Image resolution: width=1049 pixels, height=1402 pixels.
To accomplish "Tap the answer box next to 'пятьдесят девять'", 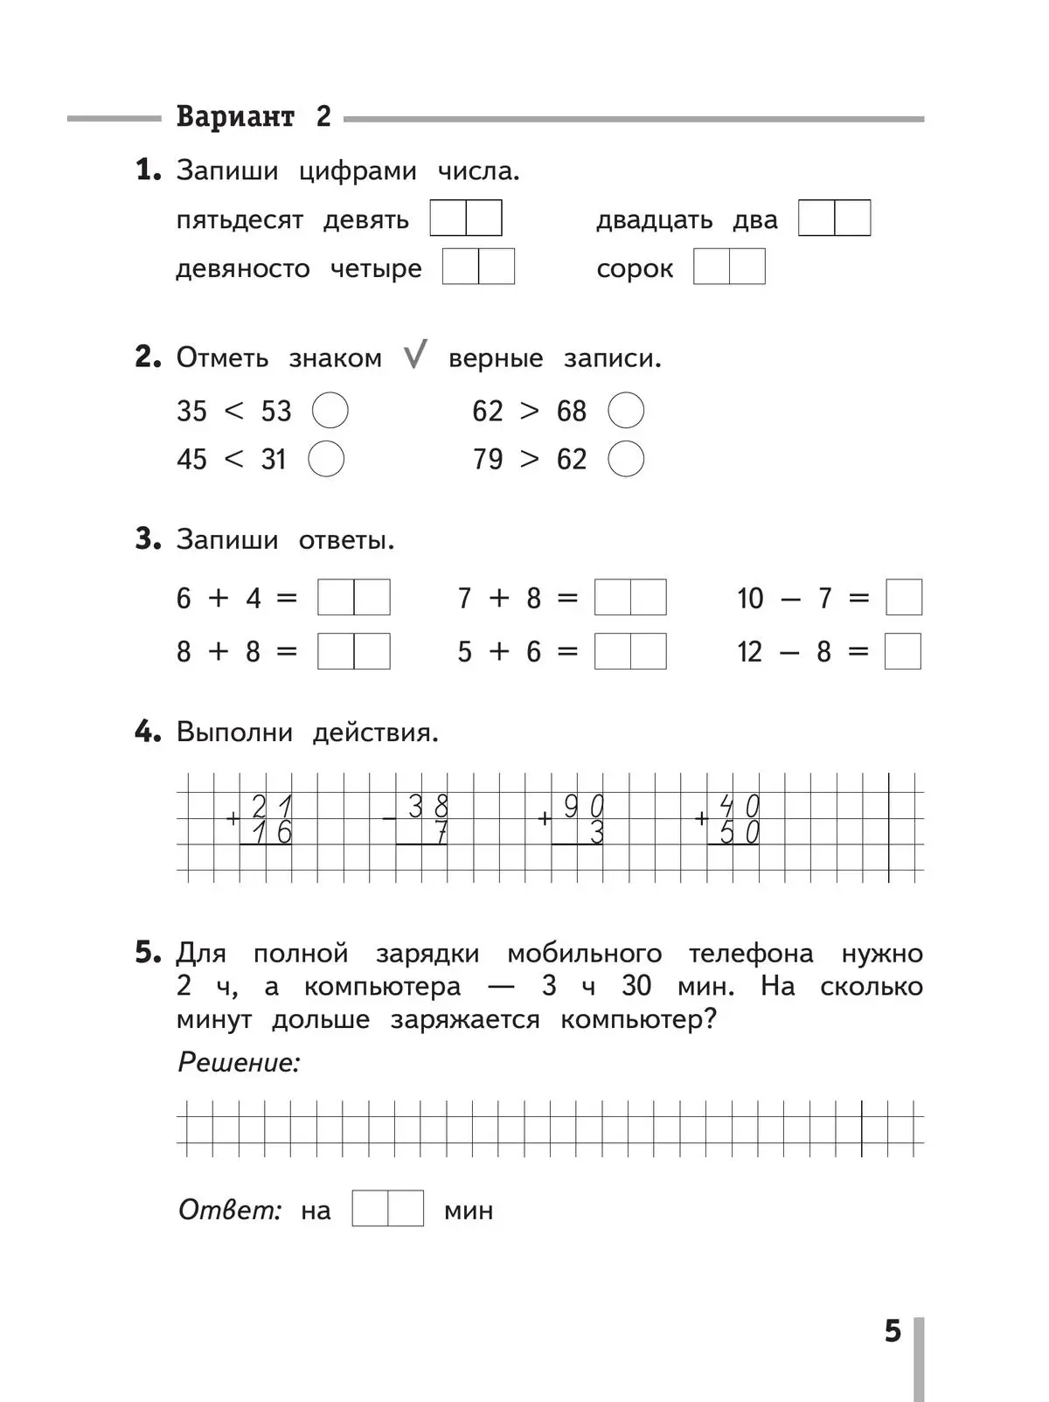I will click(x=466, y=218).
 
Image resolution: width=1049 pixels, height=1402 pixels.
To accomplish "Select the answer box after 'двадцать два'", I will click(x=834, y=218).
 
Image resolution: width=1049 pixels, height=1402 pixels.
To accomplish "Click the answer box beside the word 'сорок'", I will click(x=729, y=267).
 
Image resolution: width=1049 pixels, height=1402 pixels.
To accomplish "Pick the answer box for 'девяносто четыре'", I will click(x=478, y=267).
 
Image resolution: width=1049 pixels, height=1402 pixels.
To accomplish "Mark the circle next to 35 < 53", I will click(x=330, y=410).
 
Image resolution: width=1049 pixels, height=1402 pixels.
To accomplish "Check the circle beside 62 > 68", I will click(x=626, y=410).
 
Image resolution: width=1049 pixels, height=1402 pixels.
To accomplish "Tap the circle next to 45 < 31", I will click(x=327, y=459).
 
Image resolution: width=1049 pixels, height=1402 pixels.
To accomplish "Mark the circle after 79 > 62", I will click(x=626, y=459).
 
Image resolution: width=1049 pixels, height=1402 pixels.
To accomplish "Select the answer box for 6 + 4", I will click(x=353, y=598).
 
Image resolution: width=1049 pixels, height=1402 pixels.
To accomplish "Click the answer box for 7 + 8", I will click(x=630, y=598).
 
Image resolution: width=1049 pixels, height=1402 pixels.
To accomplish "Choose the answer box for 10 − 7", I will click(x=904, y=598).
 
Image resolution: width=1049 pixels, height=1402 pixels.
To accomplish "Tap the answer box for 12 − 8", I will click(x=903, y=651).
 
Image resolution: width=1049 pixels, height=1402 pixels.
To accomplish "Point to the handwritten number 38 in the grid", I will click(x=427, y=806).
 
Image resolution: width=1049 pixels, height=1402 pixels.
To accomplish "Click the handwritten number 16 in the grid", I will click(x=271, y=833).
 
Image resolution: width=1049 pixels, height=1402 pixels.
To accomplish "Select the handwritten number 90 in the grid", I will click(x=583, y=806).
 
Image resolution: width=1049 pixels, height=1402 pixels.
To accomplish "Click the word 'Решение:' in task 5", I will click(x=239, y=1062).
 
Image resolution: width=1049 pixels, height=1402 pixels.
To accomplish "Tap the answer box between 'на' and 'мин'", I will click(x=387, y=1208).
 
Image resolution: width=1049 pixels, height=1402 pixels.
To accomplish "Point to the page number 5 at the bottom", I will click(x=892, y=1331).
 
